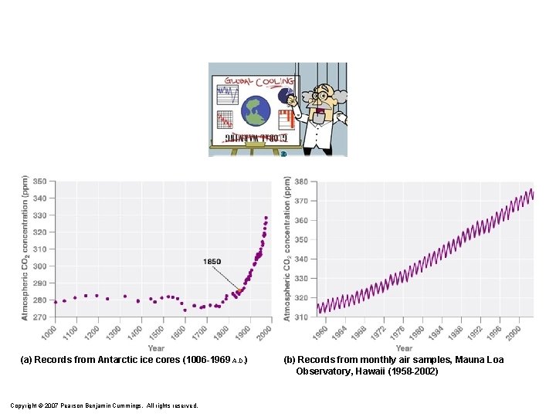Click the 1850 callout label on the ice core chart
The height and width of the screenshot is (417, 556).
click(x=212, y=262)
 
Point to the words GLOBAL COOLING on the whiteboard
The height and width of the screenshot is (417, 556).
click(x=259, y=81)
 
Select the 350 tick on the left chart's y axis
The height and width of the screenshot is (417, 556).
click(x=39, y=181)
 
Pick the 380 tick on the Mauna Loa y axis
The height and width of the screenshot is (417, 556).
click(x=301, y=181)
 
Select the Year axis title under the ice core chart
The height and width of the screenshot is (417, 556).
click(x=156, y=348)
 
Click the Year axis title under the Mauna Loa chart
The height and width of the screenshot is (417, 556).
click(x=404, y=348)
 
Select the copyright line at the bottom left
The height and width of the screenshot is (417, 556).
click(x=103, y=405)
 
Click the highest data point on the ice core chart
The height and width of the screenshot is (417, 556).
click(x=266, y=218)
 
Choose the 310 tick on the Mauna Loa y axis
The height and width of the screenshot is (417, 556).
click(x=301, y=317)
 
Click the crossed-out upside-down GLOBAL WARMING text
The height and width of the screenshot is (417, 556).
click(x=256, y=138)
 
